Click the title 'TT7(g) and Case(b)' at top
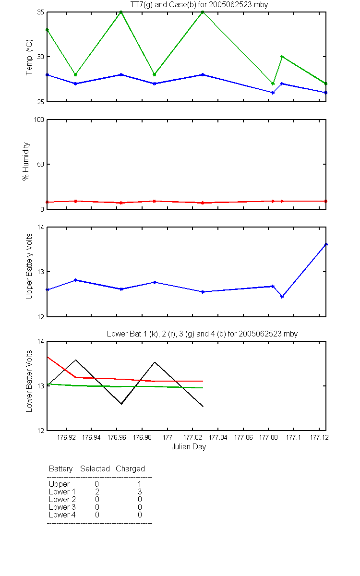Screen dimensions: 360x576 [x=163, y=5]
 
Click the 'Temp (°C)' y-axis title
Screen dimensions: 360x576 [x=29, y=57]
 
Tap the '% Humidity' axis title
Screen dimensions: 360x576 [x=26, y=161]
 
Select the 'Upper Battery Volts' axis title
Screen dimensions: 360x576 [x=29, y=266]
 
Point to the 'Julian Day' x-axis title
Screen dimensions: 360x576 [x=189, y=447]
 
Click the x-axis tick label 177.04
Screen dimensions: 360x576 [x=218, y=437]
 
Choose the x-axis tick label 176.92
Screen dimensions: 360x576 [x=66, y=437]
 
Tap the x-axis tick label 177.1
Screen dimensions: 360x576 [x=293, y=437]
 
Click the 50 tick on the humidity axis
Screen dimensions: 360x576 [x=41, y=164]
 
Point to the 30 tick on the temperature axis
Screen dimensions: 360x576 [x=41, y=57]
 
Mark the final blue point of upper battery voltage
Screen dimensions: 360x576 [x=326, y=244]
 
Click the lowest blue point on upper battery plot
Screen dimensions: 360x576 [x=282, y=297]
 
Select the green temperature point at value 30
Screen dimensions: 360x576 [x=282, y=57]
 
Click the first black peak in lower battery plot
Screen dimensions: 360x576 [x=76, y=360]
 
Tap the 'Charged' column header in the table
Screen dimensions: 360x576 [x=131, y=469]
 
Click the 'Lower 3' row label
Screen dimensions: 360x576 [x=62, y=507]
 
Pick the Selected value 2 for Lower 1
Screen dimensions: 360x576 [x=97, y=492]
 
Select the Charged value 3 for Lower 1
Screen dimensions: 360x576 [x=140, y=492]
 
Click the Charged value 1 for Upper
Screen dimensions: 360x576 [x=140, y=484]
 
